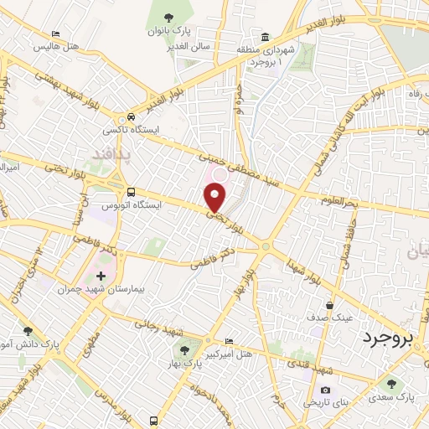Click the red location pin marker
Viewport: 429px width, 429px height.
coord(215,198)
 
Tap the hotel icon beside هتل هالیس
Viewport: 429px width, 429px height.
coord(55,34)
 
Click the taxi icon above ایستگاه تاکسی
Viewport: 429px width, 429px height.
coord(131,117)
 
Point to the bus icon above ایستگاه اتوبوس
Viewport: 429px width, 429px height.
coord(128,191)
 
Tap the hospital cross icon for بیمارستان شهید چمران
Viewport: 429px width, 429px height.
coord(101,275)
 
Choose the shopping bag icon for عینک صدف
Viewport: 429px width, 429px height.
coord(333,305)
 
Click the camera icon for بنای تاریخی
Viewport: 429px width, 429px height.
coord(325,390)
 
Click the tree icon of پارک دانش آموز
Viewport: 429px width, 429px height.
coord(28,331)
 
